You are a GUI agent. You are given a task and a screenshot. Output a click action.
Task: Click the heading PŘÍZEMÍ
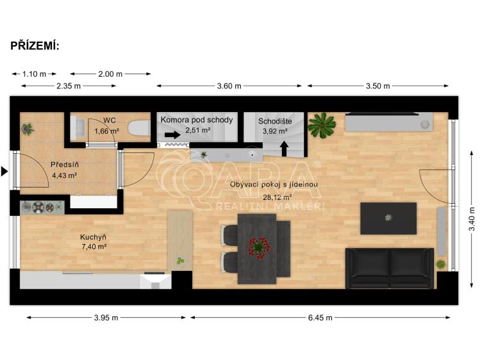[x=35, y=45]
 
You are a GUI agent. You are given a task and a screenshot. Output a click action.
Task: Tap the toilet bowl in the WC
[x=137, y=127]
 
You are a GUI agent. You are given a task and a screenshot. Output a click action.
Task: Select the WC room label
[x=110, y=120]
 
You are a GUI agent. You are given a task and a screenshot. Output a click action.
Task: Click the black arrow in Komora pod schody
[x=172, y=135]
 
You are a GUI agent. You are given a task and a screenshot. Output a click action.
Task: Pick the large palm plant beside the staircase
[x=321, y=125]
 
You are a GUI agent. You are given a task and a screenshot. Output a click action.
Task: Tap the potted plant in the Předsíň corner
[x=27, y=129]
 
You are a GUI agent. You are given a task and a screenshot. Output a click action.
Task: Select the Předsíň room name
[x=64, y=165]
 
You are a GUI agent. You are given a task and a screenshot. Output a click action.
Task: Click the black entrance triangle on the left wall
[x=4, y=171]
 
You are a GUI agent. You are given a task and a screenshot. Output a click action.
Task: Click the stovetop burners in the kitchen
[x=42, y=206]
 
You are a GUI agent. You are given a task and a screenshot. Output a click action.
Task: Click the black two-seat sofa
[x=389, y=268]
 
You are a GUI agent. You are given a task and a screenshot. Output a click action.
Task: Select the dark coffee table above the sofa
[x=388, y=218]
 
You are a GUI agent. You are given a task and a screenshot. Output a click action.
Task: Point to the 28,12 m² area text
[x=274, y=197]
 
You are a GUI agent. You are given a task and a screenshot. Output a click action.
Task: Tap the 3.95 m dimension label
[x=106, y=317]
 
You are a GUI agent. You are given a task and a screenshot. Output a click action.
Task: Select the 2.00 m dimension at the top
[x=110, y=74]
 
